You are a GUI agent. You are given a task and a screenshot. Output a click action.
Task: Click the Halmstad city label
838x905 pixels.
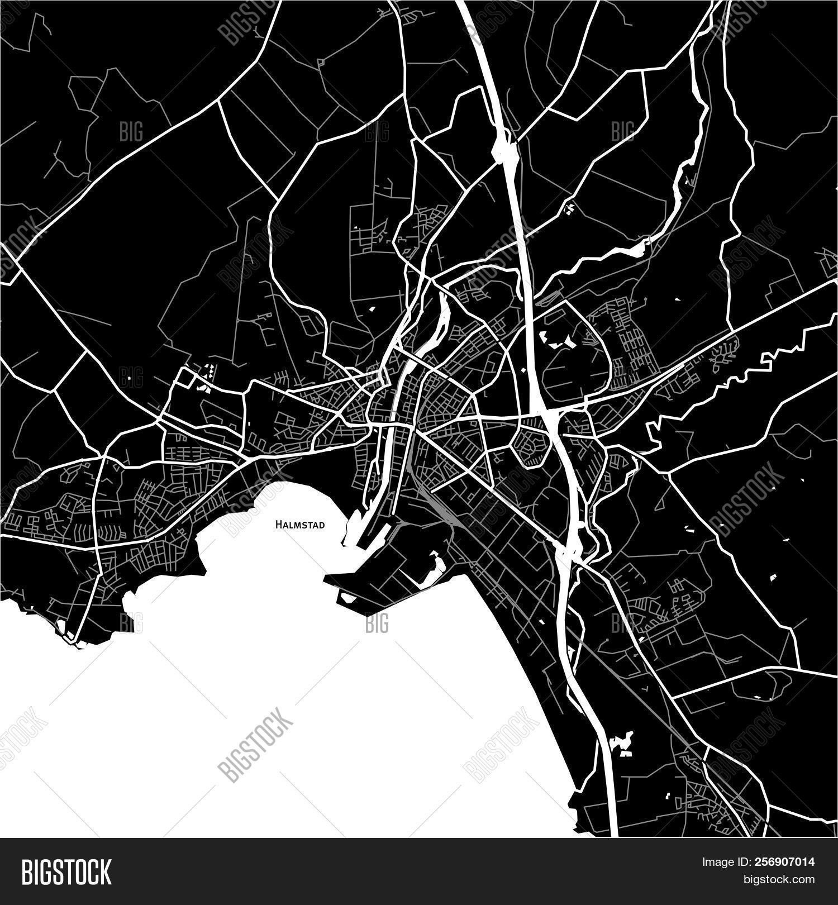coord(299,525)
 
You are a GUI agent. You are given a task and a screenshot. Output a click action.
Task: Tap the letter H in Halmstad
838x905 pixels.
coord(277,525)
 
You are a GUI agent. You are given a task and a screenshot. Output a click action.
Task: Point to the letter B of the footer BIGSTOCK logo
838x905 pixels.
coord(27,871)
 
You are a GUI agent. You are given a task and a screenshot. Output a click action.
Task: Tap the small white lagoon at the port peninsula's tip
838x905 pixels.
coord(347,598)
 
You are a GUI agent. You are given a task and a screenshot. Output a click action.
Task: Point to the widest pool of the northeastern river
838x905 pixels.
coord(637,248)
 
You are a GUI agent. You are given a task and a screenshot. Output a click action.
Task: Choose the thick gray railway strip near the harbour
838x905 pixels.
coord(430,492)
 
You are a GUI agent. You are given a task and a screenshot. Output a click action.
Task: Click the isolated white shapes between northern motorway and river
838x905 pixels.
coord(569,209)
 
